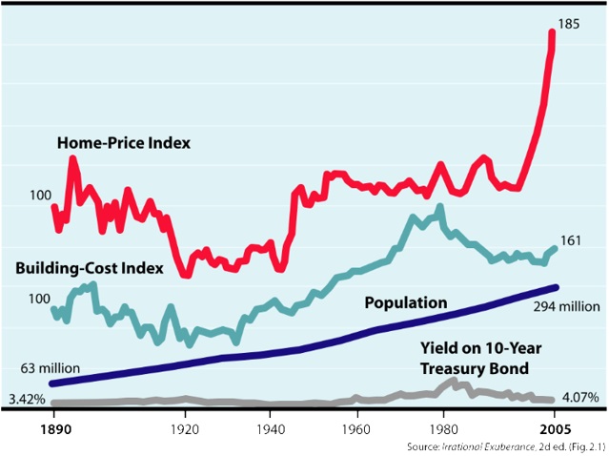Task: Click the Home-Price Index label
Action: (124, 143)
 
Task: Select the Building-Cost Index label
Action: (91, 267)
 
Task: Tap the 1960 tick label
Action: (357, 428)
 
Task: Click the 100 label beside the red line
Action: (39, 197)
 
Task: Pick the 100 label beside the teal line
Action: (39, 300)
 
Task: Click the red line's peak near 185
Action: (553, 33)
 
